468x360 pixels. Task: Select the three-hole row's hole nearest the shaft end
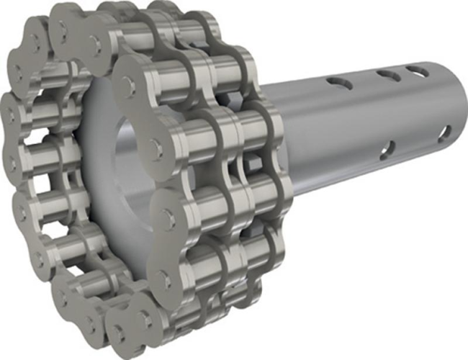pos(417,71)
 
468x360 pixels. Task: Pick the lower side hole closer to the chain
pos(387,149)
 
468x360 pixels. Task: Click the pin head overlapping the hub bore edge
pos(154,148)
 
